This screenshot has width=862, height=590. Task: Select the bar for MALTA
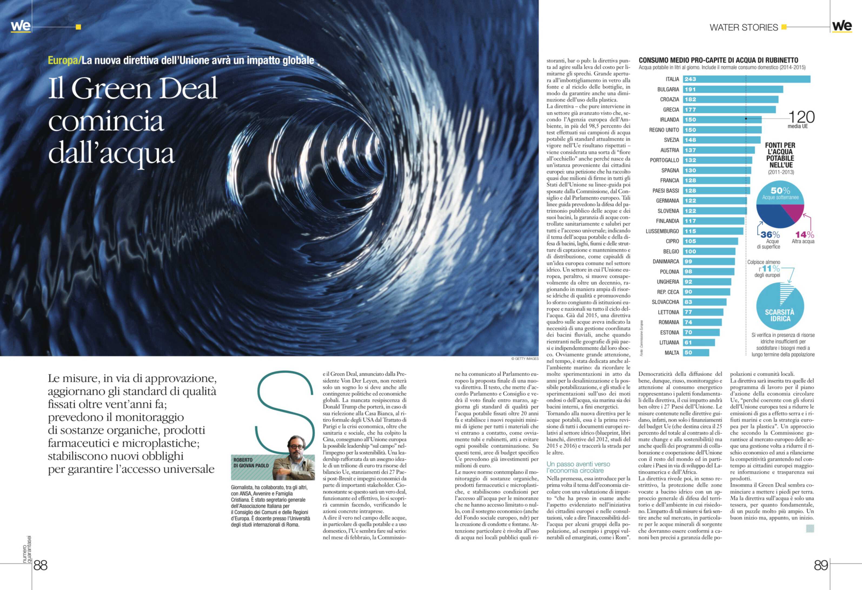(696, 353)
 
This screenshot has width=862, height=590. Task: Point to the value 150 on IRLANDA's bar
(690, 120)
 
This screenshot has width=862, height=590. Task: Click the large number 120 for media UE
(801, 117)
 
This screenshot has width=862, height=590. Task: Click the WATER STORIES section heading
(743, 28)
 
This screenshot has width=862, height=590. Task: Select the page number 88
(41, 565)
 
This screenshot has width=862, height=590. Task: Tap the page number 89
(821, 565)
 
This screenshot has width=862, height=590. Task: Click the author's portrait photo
(294, 458)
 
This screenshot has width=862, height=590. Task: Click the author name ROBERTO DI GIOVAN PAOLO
(251, 463)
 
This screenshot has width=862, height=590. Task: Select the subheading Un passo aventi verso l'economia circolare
(578, 467)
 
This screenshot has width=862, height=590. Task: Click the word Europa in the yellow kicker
(63, 61)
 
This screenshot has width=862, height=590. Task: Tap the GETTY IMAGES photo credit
(525, 359)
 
